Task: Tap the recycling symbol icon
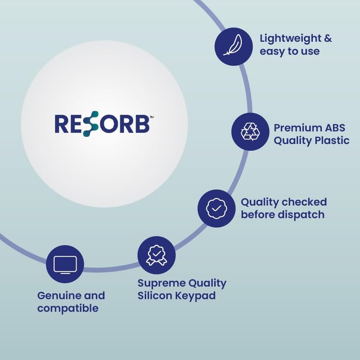coord(250,131)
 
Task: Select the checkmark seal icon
coord(216,208)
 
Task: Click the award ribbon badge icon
coord(156,255)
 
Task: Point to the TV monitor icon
coord(65,264)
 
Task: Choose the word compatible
coord(68,308)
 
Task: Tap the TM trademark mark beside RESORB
coord(152,117)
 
